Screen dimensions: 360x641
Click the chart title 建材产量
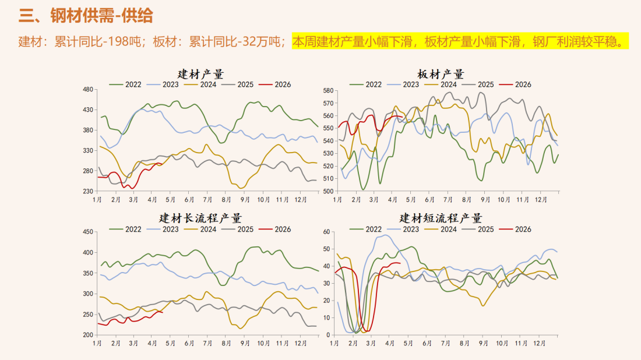click(200, 74)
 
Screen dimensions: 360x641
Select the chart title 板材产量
click(441, 74)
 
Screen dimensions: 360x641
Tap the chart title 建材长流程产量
click(200, 218)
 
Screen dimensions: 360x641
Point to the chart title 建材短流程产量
click(441, 218)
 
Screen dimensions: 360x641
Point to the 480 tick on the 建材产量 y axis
click(88, 89)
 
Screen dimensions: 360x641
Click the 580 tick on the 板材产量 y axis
click(327, 91)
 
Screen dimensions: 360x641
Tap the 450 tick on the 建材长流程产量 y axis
click(88, 232)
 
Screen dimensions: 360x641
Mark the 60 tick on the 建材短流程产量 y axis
click(326, 232)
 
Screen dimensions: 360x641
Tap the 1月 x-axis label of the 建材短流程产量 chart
click(334, 343)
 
